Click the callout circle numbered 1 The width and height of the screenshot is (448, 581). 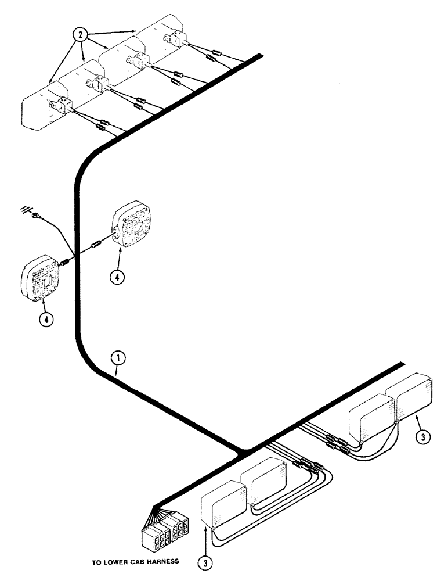point(118,359)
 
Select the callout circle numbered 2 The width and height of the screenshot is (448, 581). point(81,35)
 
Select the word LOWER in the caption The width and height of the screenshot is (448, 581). point(122,562)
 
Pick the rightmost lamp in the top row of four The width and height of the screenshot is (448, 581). point(160,36)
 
